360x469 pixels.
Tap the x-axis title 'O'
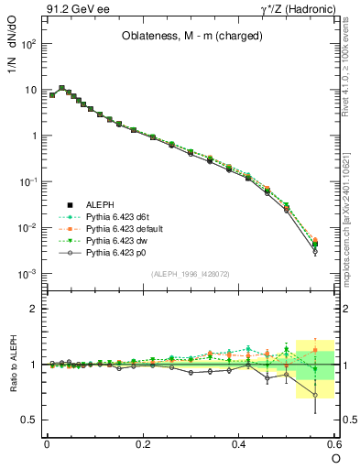coord(336,457)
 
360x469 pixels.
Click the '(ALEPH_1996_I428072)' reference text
coord(191,273)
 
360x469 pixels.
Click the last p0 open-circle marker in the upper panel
coord(315,251)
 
